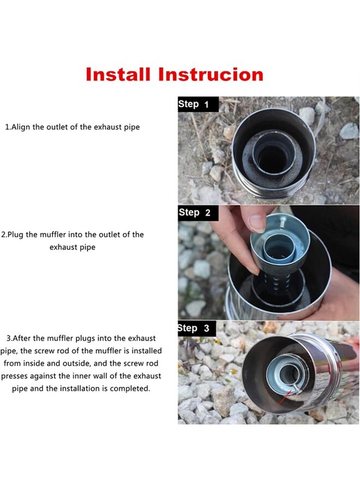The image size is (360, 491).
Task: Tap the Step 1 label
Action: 193,104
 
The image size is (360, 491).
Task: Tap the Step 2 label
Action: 194,213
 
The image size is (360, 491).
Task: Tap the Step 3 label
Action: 193,328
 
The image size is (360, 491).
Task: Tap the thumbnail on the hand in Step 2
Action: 257,223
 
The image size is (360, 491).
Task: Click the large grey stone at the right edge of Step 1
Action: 349,131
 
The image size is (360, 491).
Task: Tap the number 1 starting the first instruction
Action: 7,127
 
